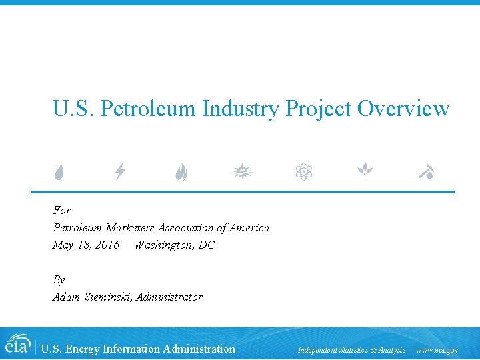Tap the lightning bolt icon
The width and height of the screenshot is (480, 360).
(x=120, y=173)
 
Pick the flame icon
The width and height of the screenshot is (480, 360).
(x=181, y=173)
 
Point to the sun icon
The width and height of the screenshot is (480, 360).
(x=243, y=173)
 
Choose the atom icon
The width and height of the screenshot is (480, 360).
(x=303, y=173)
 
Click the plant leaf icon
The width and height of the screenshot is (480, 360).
(x=365, y=173)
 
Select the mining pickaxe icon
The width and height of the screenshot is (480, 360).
(x=426, y=173)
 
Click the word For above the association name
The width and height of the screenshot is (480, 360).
(x=61, y=210)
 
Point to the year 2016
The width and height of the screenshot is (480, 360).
(x=107, y=245)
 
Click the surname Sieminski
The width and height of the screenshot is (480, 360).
(x=109, y=297)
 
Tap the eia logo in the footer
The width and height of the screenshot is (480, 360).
(x=17, y=346)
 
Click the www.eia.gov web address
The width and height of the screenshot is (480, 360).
(x=437, y=349)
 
